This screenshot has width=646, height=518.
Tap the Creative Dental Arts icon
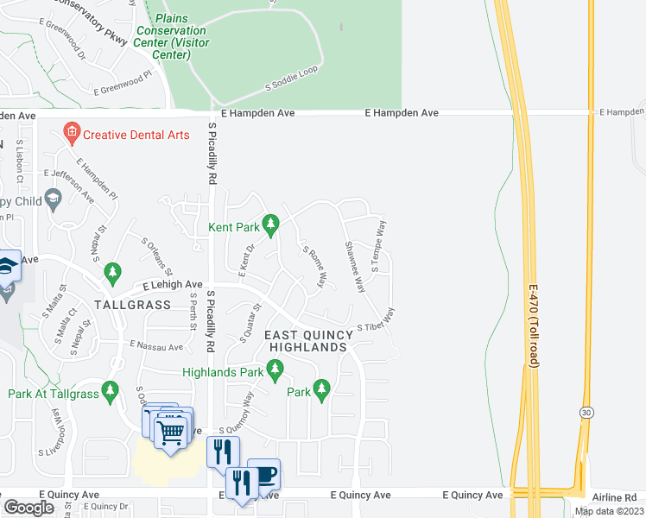(x=72, y=133)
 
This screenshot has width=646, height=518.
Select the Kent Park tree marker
(x=271, y=226)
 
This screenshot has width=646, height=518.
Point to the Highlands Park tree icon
(x=275, y=372)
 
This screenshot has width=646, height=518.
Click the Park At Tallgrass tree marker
(x=110, y=392)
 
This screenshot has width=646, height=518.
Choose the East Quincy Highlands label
(x=307, y=340)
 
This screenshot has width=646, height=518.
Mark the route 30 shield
(x=586, y=414)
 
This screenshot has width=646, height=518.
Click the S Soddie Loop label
(x=292, y=78)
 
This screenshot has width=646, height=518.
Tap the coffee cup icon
(x=264, y=474)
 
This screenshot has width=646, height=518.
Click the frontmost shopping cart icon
(x=172, y=432)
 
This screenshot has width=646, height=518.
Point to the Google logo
(x=28, y=507)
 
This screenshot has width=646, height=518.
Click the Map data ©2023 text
(x=609, y=511)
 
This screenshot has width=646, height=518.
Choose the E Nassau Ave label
(x=157, y=347)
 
